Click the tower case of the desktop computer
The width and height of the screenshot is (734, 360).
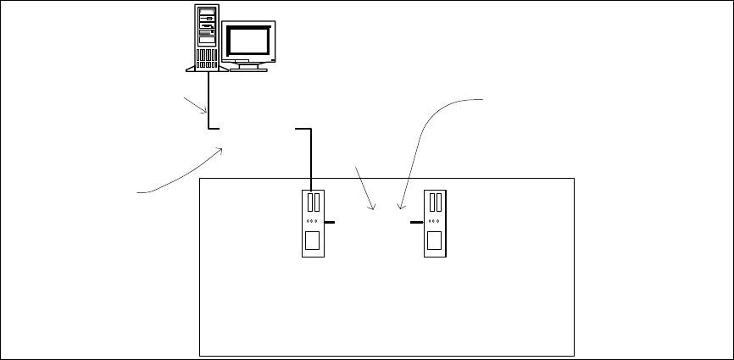point(206,37)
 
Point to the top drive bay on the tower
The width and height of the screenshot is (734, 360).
point(206,15)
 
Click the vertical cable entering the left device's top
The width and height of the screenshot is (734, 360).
point(312,161)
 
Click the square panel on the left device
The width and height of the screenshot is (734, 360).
point(312,240)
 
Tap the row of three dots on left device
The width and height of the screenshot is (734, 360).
point(312,222)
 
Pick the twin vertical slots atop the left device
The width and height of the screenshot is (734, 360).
point(312,202)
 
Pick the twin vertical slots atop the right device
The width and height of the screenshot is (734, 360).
point(436,202)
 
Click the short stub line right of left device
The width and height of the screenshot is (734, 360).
point(330,222)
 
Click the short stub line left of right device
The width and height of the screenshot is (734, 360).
point(416,222)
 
